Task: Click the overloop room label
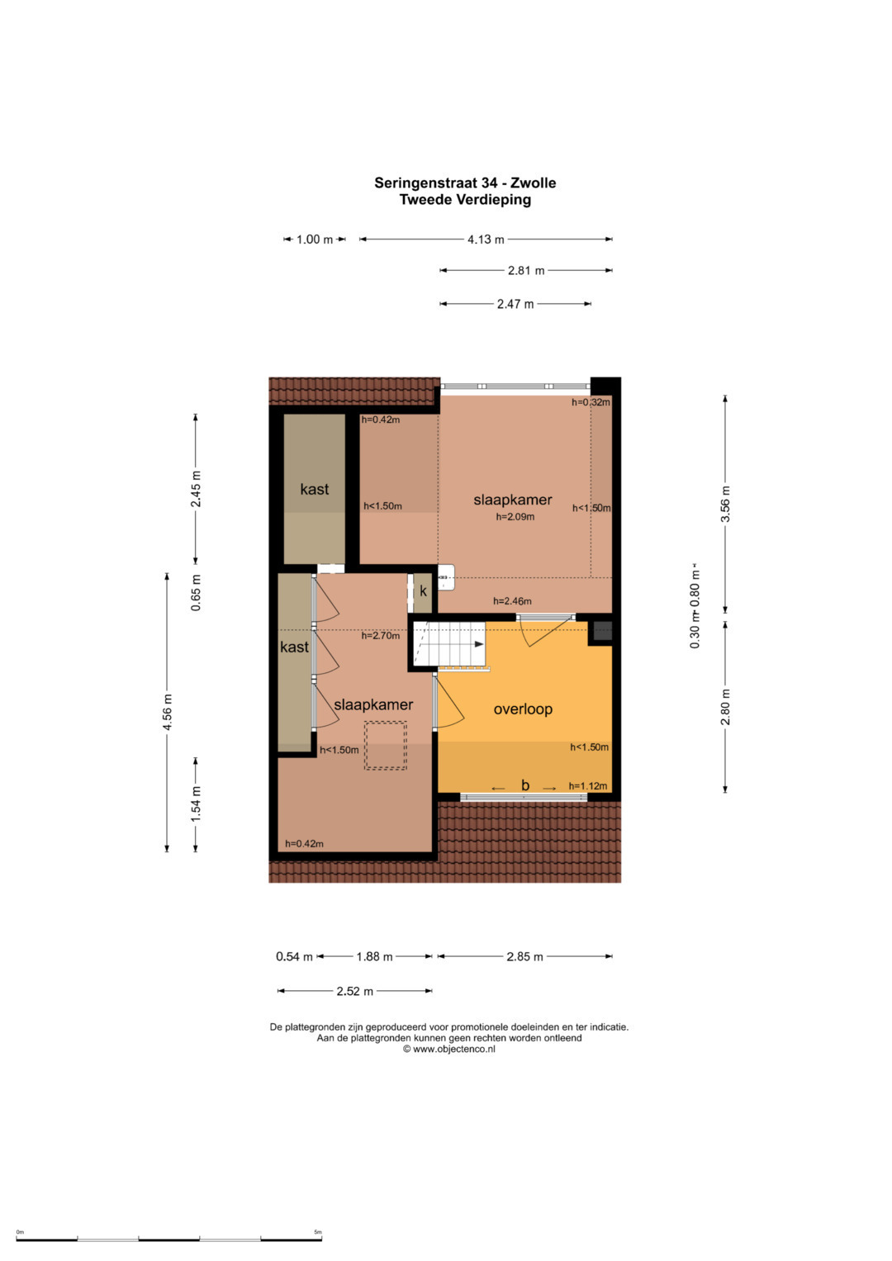coord(523,709)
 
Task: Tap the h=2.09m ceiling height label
coord(515,517)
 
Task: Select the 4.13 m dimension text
coord(486,239)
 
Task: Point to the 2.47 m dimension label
coord(515,304)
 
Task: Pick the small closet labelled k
coord(423,593)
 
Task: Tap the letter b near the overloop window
coord(524,785)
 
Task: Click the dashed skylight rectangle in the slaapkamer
coord(385,746)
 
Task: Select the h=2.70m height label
coord(380,636)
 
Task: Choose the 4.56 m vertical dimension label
coord(167,712)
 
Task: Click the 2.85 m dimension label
coord(524,956)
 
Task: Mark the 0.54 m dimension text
coord(294,956)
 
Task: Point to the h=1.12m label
coord(588,786)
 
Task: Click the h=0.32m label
coord(591,402)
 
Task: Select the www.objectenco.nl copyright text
coord(448,1050)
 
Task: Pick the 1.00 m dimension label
coord(315,239)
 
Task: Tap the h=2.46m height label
coord(512,601)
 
